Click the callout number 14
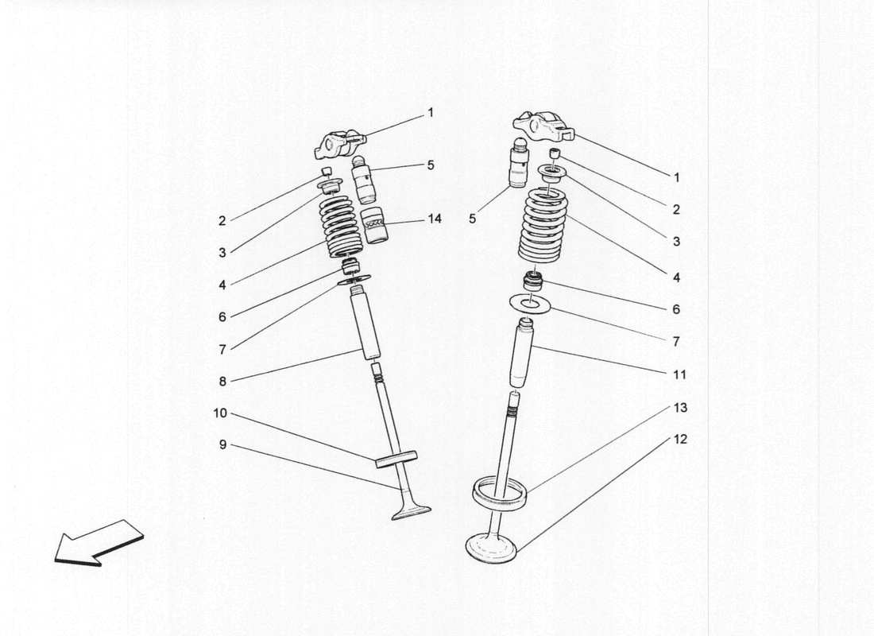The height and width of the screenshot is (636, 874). [x=434, y=219]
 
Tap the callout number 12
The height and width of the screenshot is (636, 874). [x=679, y=439]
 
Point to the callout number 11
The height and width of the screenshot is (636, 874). [x=679, y=374]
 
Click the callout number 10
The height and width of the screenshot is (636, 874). [x=220, y=413]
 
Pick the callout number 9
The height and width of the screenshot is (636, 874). [x=222, y=445]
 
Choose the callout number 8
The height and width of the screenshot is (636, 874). [x=222, y=382]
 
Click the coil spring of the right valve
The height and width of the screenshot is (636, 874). [x=544, y=226]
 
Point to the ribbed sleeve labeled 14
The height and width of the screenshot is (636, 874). [x=374, y=227]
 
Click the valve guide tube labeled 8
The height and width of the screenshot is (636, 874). [x=365, y=326]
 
